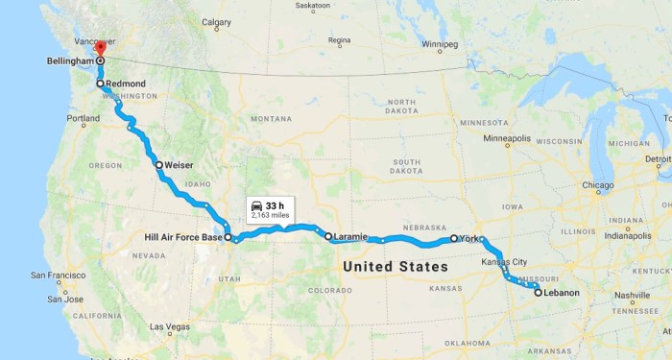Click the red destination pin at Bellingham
[100, 47]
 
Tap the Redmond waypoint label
[125, 84]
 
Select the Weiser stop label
[180, 164]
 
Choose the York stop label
[468, 237]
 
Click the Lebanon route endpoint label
[563, 292]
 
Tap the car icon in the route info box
[256, 206]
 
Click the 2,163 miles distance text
[270, 217]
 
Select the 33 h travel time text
[276, 205]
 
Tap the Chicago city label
[600, 185]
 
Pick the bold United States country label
[394, 265]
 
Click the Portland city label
[83, 118]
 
